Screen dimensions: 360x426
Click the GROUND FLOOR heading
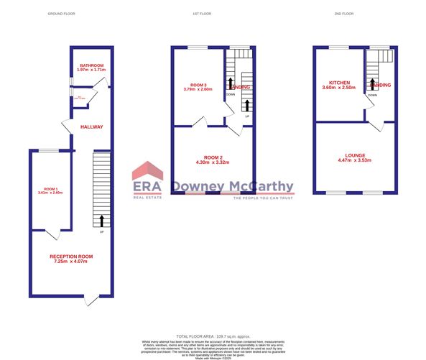(x=61, y=14)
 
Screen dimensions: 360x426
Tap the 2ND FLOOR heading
(x=345, y=14)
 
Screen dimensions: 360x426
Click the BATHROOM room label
(x=91, y=65)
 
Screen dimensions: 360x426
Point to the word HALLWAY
(x=92, y=126)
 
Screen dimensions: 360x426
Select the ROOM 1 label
(x=50, y=188)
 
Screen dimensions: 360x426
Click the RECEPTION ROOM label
(x=71, y=256)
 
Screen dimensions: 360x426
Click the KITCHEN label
(x=340, y=83)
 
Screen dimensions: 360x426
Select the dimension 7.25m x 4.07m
(x=71, y=262)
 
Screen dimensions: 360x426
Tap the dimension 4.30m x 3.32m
(x=213, y=162)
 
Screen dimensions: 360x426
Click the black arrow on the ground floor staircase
(x=102, y=221)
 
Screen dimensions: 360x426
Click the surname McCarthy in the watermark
(x=261, y=187)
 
